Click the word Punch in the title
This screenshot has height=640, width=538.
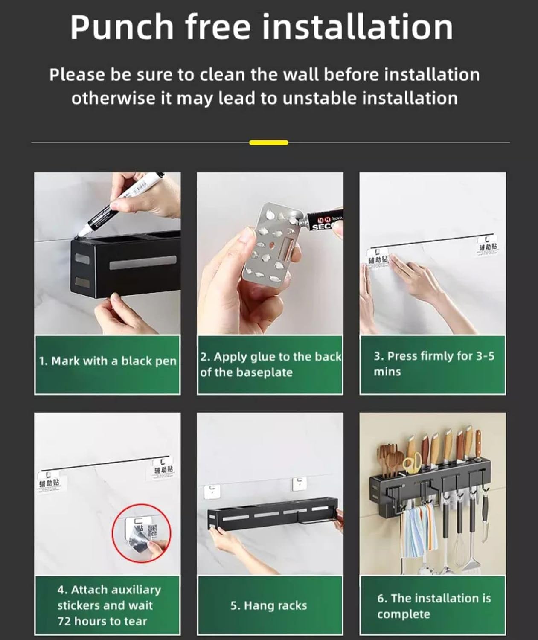tap(121, 27)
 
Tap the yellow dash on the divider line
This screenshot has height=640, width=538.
tap(268, 143)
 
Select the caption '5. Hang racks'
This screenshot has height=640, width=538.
tap(269, 605)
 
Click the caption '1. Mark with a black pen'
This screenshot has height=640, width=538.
tap(108, 361)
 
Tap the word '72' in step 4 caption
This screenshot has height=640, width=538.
tap(65, 621)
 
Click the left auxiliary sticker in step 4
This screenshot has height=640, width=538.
tap(49, 484)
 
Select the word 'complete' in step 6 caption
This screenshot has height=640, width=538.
tap(404, 614)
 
